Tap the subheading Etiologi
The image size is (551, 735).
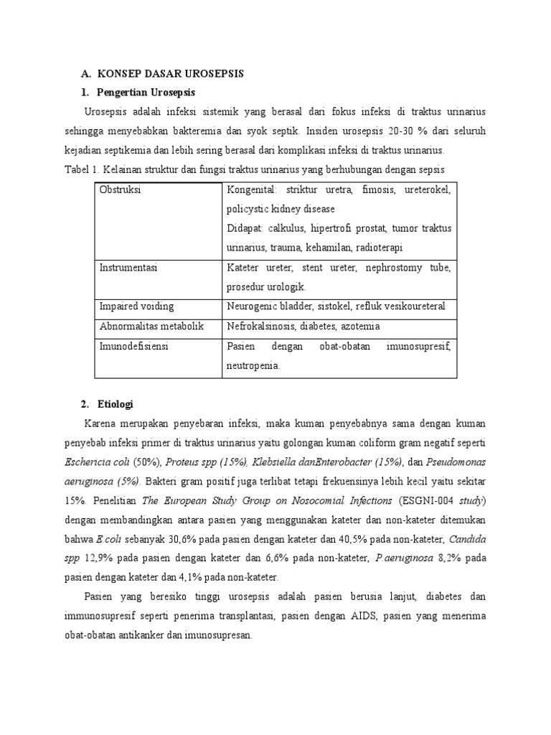[x=119, y=404]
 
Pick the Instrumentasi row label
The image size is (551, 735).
[x=128, y=268]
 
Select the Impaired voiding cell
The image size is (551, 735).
[x=136, y=306]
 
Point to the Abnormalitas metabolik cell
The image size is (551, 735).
[x=152, y=326]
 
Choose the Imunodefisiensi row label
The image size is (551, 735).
[x=135, y=346]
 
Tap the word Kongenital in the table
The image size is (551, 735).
[x=252, y=190]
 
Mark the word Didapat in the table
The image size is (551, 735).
[x=246, y=228]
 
